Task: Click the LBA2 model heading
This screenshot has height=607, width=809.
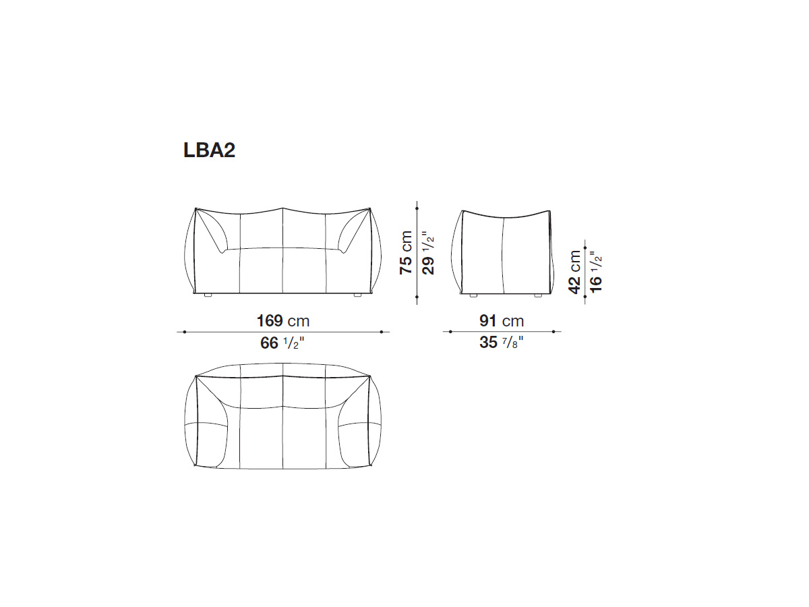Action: coord(209,150)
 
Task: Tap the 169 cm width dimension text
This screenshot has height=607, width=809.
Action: coord(283,321)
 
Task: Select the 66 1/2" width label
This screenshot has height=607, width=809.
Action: coord(282,343)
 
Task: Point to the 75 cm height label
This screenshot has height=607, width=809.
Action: coord(406,252)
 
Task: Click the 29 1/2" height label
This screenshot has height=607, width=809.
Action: coord(428,253)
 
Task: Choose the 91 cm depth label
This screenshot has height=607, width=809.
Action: coord(502,321)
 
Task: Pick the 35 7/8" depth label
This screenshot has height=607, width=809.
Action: coord(502,343)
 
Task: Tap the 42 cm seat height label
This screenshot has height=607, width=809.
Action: coord(574,272)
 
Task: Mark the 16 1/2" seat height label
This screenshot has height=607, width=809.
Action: coord(597,272)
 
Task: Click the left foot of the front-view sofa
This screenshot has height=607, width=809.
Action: coord(208,295)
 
